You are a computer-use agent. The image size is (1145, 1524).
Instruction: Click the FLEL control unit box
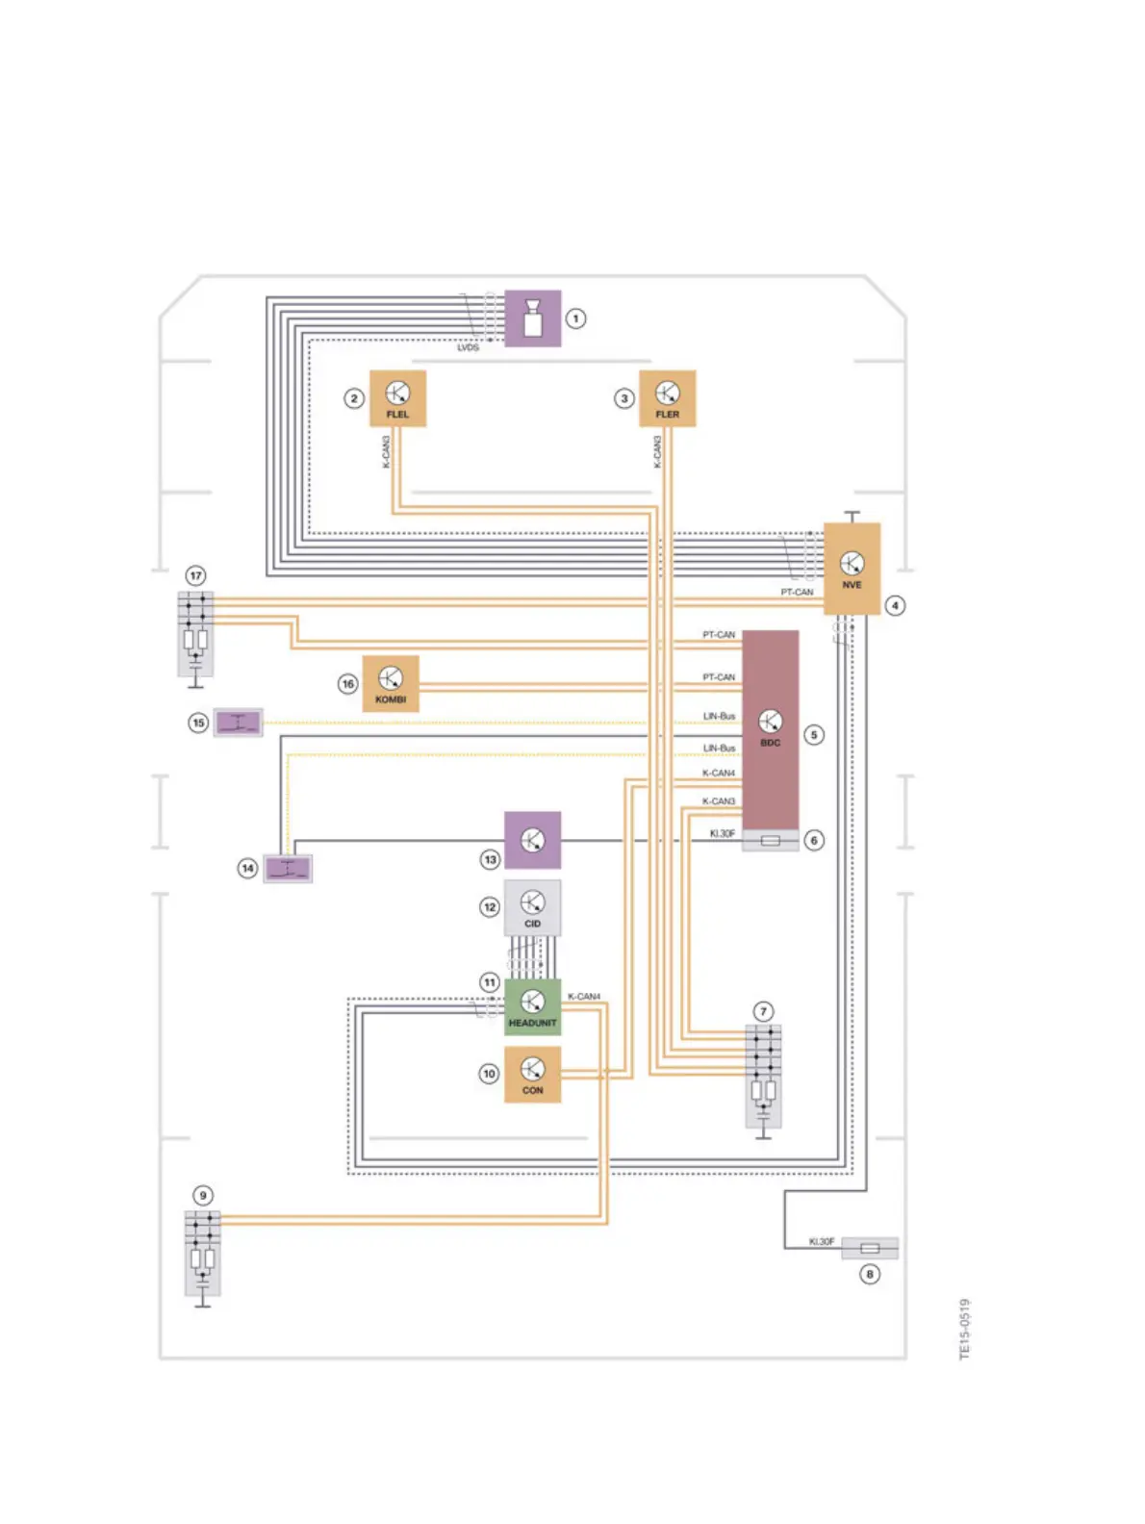coord(397,398)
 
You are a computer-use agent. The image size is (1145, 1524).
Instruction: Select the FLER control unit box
coord(667,398)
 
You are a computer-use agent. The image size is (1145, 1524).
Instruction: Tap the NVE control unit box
coord(852,569)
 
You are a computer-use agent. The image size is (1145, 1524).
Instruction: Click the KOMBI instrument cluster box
coord(391,684)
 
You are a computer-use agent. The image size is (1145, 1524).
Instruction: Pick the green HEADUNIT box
coord(532,1007)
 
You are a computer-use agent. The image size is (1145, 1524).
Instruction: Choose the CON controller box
coord(532,1075)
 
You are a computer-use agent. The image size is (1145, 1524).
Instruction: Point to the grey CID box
coord(532,907)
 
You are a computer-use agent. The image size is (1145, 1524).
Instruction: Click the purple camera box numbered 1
coord(532,318)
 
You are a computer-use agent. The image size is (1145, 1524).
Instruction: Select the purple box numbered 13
coord(532,840)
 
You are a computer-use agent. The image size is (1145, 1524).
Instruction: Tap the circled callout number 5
coord(814,735)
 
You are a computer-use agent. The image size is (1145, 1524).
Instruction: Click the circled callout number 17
coord(196,575)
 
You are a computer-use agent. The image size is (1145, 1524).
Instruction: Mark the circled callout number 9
coord(203,1196)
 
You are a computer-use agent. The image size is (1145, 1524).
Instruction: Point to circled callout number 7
coord(763,1011)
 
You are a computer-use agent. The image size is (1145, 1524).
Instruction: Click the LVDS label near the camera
coord(468,347)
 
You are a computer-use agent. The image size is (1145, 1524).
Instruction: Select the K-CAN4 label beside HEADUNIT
coord(584,997)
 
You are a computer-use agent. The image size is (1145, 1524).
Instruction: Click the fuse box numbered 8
coord(870,1248)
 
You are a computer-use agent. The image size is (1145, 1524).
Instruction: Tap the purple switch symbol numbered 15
coord(238,722)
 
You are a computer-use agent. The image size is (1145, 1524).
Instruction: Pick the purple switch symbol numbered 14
coord(288,868)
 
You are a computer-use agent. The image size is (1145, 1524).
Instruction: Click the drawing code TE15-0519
coord(965,1329)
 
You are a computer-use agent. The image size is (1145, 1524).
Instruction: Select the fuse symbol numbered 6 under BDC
coord(770,840)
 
